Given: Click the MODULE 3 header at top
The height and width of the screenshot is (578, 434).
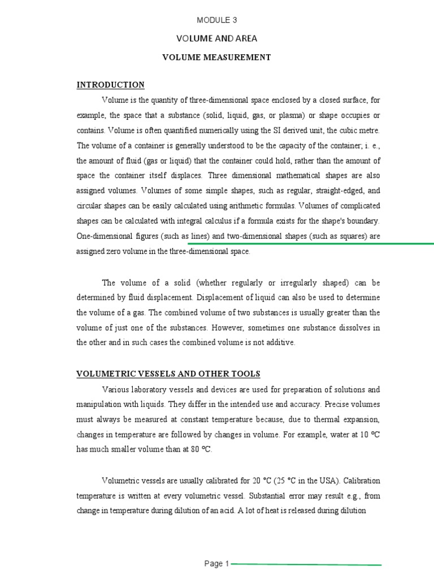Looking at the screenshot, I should [x=217, y=20].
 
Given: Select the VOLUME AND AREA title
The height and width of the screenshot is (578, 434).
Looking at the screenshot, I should [x=217, y=38].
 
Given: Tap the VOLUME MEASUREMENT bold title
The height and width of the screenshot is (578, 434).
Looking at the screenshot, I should [x=217, y=57].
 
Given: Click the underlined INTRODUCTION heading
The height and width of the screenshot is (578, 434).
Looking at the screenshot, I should [x=111, y=85].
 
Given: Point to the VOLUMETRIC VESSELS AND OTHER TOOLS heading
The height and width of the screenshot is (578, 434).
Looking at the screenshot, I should [x=168, y=374].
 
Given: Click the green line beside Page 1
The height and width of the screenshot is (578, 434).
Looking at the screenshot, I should [x=306, y=564].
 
